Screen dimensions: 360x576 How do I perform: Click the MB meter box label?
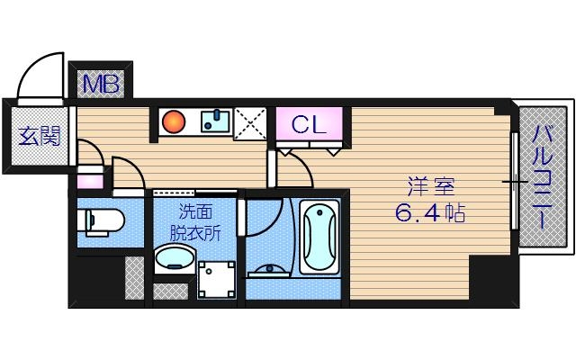[x=101, y=85]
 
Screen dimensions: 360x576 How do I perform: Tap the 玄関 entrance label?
[x=40, y=137]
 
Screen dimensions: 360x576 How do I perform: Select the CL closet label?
[x=309, y=124]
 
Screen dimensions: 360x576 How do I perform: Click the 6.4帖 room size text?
[x=430, y=215]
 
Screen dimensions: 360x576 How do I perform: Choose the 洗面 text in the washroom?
[x=196, y=212]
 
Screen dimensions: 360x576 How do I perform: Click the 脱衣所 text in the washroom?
[x=196, y=231]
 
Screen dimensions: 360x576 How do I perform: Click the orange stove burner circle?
[x=173, y=121]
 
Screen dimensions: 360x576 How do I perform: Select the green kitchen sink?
[x=214, y=121]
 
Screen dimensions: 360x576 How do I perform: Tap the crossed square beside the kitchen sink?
[x=250, y=124]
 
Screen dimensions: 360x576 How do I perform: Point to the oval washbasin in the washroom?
[x=174, y=260]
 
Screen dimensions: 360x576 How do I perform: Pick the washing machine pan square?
[x=217, y=280]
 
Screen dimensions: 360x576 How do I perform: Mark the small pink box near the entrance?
[x=89, y=181]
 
